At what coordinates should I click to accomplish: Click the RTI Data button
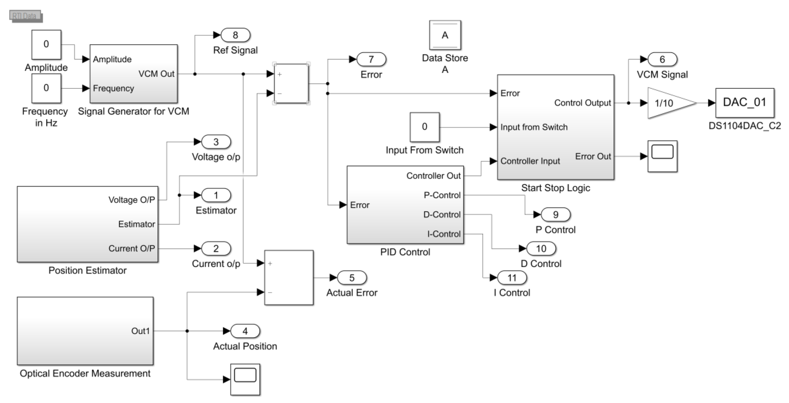pyautogui.click(x=26, y=16)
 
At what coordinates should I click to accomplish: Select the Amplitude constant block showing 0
pyautogui.click(x=46, y=44)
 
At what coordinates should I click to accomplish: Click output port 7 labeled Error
pyautogui.click(x=371, y=59)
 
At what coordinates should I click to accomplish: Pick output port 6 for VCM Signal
pyautogui.click(x=662, y=59)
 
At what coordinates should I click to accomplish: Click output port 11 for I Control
pyautogui.click(x=512, y=278)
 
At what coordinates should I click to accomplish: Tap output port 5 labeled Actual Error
pyautogui.click(x=352, y=278)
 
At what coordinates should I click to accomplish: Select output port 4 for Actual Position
pyautogui.click(x=245, y=331)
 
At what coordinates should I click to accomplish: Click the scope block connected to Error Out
pyautogui.click(x=662, y=156)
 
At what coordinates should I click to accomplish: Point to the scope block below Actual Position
pyautogui.click(x=245, y=379)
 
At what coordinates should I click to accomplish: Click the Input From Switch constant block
pyautogui.click(x=424, y=127)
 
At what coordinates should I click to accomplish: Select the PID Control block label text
pyautogui.click(x=405, y=252)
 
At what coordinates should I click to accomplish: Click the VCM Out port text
pyautogui.click(x=156, y=74)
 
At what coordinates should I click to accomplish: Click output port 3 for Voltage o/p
pyautogui.click(x=216, y=142)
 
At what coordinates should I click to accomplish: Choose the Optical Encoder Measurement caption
pyautogui.click(x=85, y=373)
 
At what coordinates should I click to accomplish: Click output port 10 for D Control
pyautogui.click(x=541, y=249)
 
